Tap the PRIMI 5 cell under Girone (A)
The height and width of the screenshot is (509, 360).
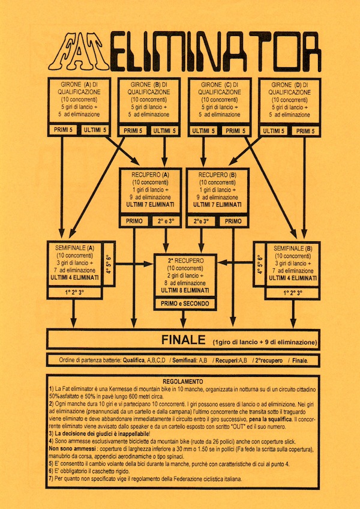point(63,130)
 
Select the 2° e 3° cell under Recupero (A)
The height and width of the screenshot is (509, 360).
point(164,221)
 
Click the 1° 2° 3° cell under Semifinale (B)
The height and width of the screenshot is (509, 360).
point(292,293)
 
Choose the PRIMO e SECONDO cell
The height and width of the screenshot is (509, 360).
point(185,304)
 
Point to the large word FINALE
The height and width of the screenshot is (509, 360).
point(184,340)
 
